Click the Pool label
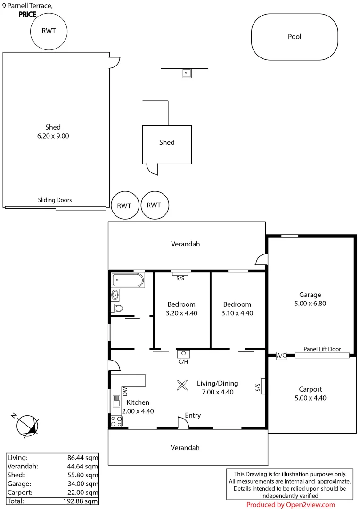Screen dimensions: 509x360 (295, 37)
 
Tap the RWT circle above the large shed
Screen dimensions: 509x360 (49, 32)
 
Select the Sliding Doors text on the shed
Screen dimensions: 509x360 (55, 200)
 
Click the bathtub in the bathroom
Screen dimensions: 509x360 (128, 281)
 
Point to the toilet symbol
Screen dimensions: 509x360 (117, 309)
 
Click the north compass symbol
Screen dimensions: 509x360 (27, 425)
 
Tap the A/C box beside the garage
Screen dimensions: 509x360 (281, 356)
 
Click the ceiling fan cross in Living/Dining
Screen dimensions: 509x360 (181, 385)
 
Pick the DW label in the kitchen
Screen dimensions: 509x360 (125, 391)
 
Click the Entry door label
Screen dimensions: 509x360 (193, 415)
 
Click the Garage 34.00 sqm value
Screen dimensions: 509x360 (83, 484)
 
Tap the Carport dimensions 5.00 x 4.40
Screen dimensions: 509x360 (311, 398)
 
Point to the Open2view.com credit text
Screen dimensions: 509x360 (290, 505)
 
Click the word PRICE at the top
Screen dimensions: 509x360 (27, 14)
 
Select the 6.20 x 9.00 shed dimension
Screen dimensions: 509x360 (53, 136)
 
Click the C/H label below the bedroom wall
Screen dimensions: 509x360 (183, 362)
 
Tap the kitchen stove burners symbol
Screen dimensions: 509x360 (116, 421)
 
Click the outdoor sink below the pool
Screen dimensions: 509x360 (187, 73)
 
